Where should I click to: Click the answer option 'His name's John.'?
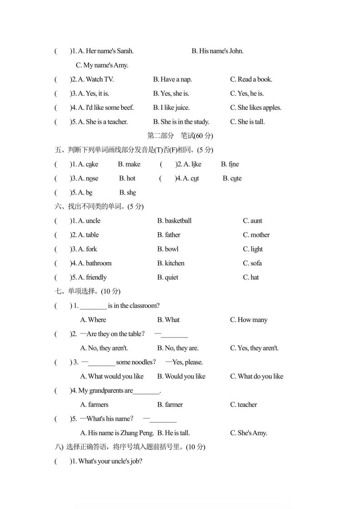point(217,51)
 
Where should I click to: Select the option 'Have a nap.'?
point(173,79)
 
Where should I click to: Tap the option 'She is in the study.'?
point(181,122)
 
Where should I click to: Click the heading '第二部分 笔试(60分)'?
point(180,136)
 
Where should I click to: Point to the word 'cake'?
point(92,164)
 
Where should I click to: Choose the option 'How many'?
point(249,320)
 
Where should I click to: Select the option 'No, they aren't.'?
point(104,348)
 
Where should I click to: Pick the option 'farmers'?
point(94,405)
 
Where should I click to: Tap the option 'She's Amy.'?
point(248,433)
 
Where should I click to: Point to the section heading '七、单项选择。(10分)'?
point(87,291)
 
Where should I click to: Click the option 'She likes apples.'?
point(256,108)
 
